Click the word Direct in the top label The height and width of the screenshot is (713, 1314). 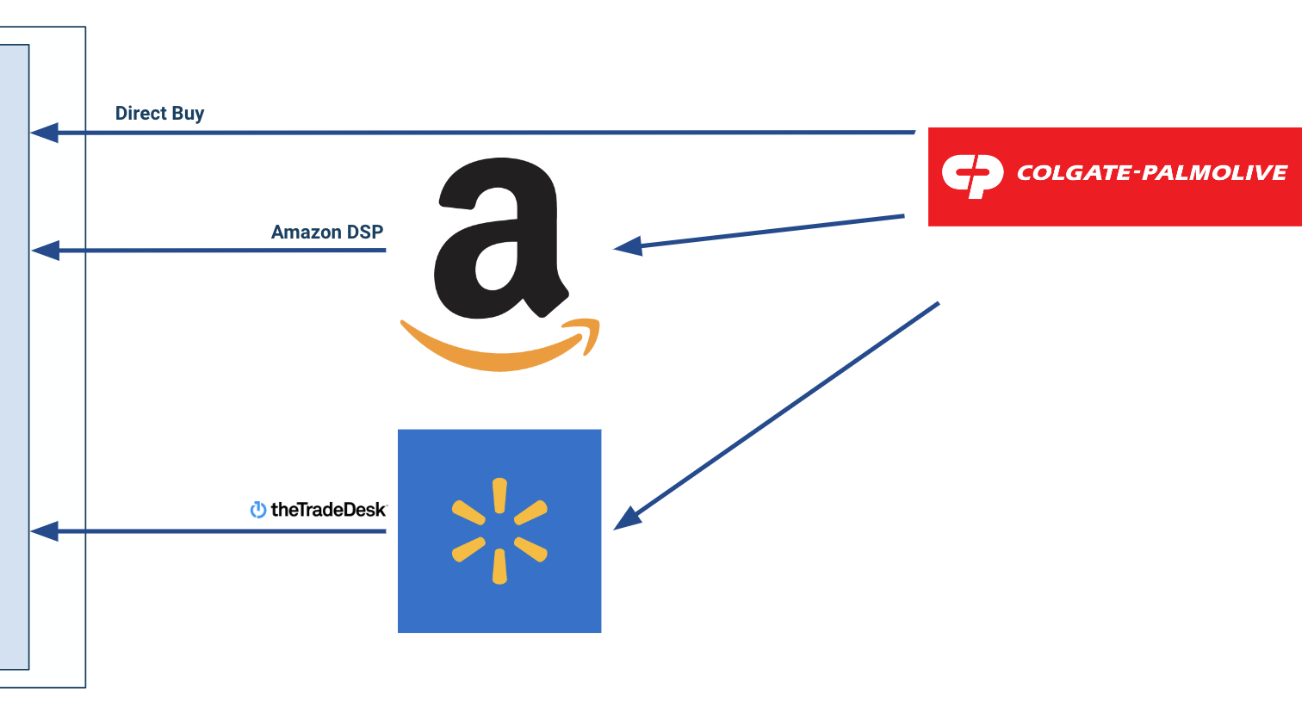click(x=140, y=114)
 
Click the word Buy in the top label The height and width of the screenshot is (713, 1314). click(x=188, y=114)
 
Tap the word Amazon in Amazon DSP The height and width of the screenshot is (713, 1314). click(x=307, y=232)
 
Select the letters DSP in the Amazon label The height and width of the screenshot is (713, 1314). click(x=366, y=232)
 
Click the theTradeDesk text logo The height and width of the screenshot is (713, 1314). click(x=328, y=510)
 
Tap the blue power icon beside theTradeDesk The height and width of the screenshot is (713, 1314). click(x=257, y=510)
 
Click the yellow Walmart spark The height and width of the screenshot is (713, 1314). click(x=499, y=530)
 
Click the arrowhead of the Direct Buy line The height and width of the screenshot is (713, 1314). click(x=45, y=133)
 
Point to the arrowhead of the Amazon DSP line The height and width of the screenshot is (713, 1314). click(x=45, y=251)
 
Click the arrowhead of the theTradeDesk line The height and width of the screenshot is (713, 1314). click(x=45, y=531)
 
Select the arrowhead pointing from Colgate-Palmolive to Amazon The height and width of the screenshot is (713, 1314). click(x=628, y=247)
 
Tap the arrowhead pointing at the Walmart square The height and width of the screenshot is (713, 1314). click(x=627, y=518)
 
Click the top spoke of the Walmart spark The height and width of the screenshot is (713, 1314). click(x=499, y=496)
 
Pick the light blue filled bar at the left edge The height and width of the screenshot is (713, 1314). click(x=14, y=356)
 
